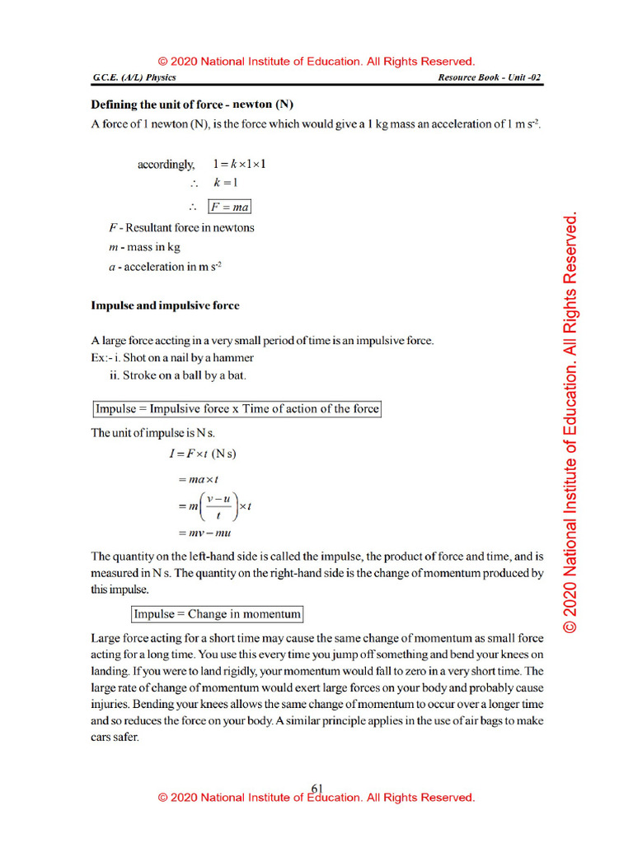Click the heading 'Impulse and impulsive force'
pos(165,305)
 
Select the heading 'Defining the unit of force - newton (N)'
pos(192,105)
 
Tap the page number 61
pos(316,788)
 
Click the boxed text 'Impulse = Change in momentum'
pos(218,613)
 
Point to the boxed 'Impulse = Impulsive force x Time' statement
pos(237,409)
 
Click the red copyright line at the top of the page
pos(316,62)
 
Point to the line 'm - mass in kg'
pos(135,247)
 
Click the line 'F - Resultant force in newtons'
pos(172,227)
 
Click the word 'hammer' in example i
pos(235,358)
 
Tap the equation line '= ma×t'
pos(193,478)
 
